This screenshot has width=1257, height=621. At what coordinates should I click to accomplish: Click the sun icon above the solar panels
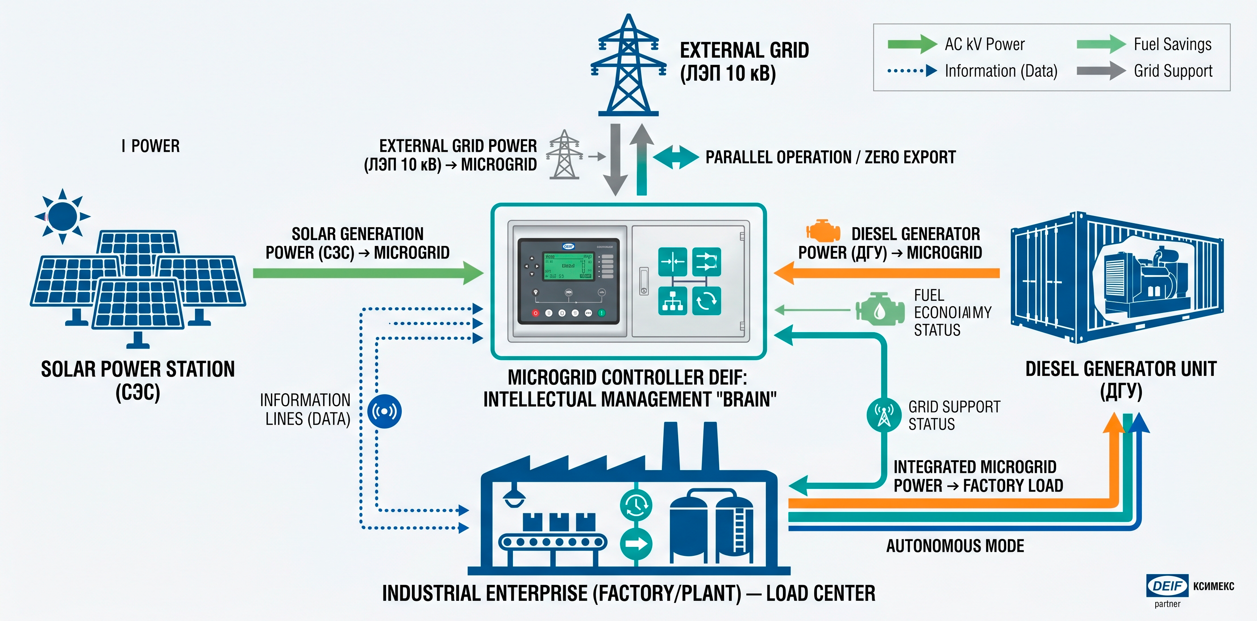(x=62, y=216)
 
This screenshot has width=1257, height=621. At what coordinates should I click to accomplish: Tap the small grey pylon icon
(x=565, y=155)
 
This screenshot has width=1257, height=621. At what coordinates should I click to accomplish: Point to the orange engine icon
(x=823, y=231)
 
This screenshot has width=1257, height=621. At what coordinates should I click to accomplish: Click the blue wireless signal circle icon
(x=384, y=412)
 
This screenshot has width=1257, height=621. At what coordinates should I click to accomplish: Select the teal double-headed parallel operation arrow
(x=676, y=157)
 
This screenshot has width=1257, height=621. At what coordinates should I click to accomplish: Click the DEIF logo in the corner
(x=1167, y=585)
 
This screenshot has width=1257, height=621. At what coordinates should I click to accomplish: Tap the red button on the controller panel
(x=535, y=313)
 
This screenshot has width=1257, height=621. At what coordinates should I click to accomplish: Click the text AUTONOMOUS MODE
(x=955, y=546)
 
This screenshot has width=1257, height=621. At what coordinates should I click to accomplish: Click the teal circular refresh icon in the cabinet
(x=706, y=301)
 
